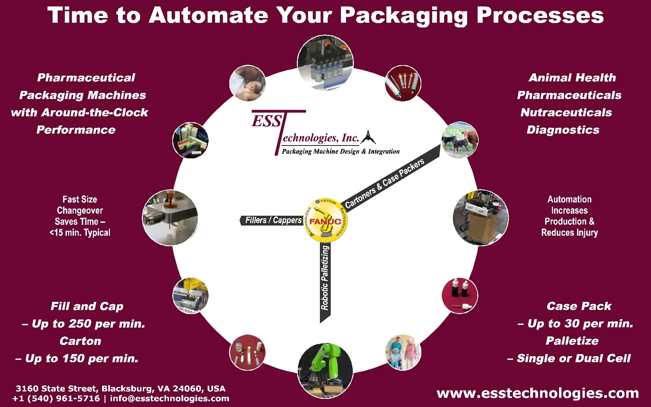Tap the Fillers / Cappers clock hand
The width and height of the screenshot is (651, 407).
click(271, 220)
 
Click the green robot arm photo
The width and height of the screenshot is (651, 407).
click(325, 370)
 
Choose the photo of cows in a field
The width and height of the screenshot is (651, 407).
click(460, 140)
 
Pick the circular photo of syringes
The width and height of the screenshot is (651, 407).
click(403, 83)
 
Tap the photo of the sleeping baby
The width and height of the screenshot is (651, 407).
click(247, 83)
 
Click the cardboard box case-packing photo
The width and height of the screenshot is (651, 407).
click(480, 218)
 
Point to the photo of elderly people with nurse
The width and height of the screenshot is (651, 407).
click(403, 353)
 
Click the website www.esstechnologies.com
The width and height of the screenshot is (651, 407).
click(538, 393)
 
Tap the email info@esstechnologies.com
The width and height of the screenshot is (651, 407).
click(170, 399)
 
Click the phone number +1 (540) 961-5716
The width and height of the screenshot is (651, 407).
click(56, 399)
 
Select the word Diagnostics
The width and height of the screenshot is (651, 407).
click(563, 130)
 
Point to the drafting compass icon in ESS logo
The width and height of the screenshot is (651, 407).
click(368, 137)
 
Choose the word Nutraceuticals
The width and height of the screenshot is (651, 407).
click(566, 113)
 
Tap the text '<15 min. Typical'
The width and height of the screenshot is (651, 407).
click(80, 233)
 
